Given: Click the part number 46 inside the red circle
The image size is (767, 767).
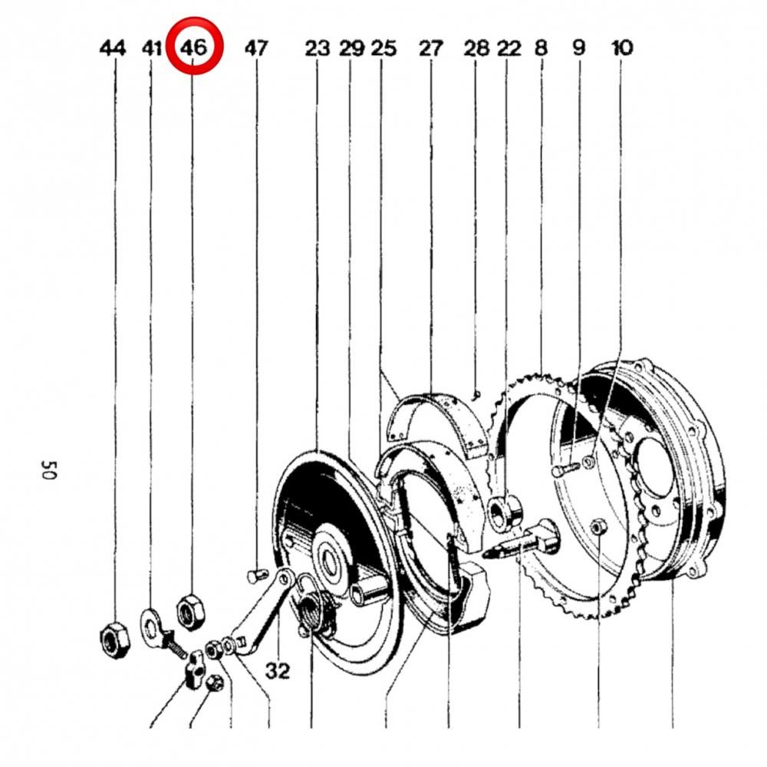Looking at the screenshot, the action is click(x=194, y=48).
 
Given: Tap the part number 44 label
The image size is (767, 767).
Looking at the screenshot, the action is click(x=113, y=48).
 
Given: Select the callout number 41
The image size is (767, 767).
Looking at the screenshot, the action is click(x=152, y=48).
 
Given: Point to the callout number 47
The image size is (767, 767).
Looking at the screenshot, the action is click(x=256, y=48).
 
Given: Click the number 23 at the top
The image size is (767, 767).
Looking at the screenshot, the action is click(x=318, y=48).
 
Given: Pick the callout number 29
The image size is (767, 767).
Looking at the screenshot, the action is click(x=352, y=48).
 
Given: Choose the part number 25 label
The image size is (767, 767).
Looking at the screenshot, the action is click(x=383, y=48).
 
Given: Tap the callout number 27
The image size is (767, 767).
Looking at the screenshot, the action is click(x=430, y=48).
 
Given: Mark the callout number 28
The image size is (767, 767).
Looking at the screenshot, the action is click(x=476, y=48).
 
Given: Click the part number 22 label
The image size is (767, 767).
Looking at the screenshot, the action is click(x=509, y=48).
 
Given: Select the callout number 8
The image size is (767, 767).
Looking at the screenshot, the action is click(x=541, y=48).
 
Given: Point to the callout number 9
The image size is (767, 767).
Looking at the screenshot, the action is click(x=578, y=48).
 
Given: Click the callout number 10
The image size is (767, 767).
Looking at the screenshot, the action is click(x=622, y=48).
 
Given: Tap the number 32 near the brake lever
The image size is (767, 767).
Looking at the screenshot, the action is click(x=278, y=670).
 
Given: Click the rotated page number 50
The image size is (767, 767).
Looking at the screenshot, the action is click(x=49, y=470).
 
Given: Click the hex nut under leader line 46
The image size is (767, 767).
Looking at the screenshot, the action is click(x=191, y=610).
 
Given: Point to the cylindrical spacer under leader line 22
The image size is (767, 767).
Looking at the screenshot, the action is click(x=505, y=512).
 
